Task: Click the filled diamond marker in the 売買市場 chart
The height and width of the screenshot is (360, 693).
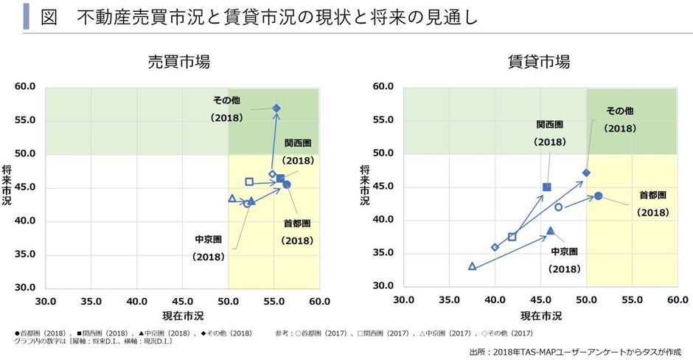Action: [276, 108]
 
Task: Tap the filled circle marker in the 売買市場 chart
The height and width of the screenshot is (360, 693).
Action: [287, 184]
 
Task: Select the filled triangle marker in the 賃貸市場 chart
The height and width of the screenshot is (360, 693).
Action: [550, 231]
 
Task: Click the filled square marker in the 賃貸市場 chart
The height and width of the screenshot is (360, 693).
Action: [546, 187]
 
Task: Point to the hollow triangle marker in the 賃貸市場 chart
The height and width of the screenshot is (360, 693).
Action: [473, 266]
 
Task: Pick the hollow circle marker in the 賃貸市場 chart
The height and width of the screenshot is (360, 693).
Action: [558, 207]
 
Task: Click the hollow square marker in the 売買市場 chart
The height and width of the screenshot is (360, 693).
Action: [249, 181]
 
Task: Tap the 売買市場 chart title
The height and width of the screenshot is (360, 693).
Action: [179, 61]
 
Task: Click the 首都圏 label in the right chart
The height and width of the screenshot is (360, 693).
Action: [652, 195]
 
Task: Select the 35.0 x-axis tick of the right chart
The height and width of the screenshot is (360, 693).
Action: [449, 300]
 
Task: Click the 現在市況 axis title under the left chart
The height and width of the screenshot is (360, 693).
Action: [181, 316]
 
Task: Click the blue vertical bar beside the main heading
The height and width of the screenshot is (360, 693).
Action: [27, 17]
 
